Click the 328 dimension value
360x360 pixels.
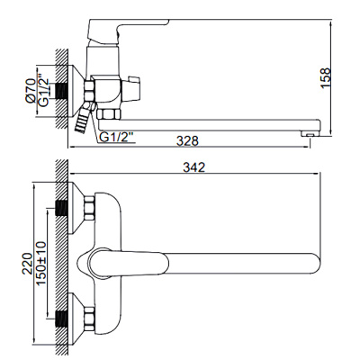(x=187, y=140)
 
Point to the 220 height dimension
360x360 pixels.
(x=27, y=263)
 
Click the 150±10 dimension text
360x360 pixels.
(x=41, y=263)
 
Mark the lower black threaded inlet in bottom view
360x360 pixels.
(x=63, y=319)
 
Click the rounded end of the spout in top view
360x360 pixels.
(x=319, y=264)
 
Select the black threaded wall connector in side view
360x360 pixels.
(x=62, y=91)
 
